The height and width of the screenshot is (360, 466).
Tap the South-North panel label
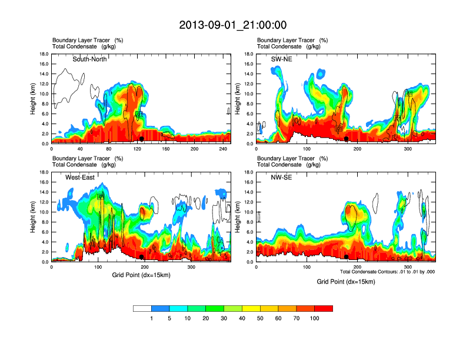(90, 59)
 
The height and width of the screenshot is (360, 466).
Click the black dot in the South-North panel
(142, 139)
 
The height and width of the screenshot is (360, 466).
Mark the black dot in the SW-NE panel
(347, 139)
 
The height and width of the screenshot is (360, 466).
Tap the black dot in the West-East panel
(142, 257)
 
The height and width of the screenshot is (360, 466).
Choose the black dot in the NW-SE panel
(347, 257)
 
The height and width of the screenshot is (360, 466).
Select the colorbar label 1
(151, 318)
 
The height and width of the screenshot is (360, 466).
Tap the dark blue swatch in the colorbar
(160, 308)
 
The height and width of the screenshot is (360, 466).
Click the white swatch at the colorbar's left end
(142, 308)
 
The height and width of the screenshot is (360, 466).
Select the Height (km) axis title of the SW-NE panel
(238, 99)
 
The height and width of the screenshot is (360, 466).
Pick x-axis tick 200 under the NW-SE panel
(357, 267)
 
